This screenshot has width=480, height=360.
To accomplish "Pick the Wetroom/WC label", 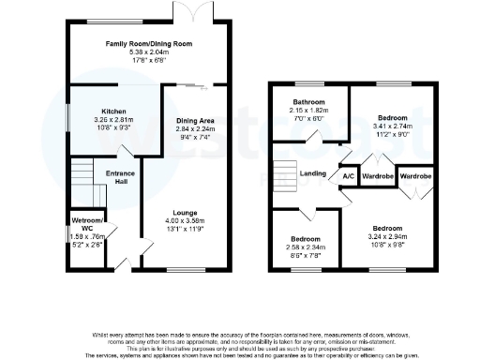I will coord(87,225).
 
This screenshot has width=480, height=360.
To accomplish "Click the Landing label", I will coord(312,172).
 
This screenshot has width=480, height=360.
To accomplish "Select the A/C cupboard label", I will coord(347,175).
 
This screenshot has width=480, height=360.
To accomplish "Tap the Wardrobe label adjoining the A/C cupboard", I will coord(376,174).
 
